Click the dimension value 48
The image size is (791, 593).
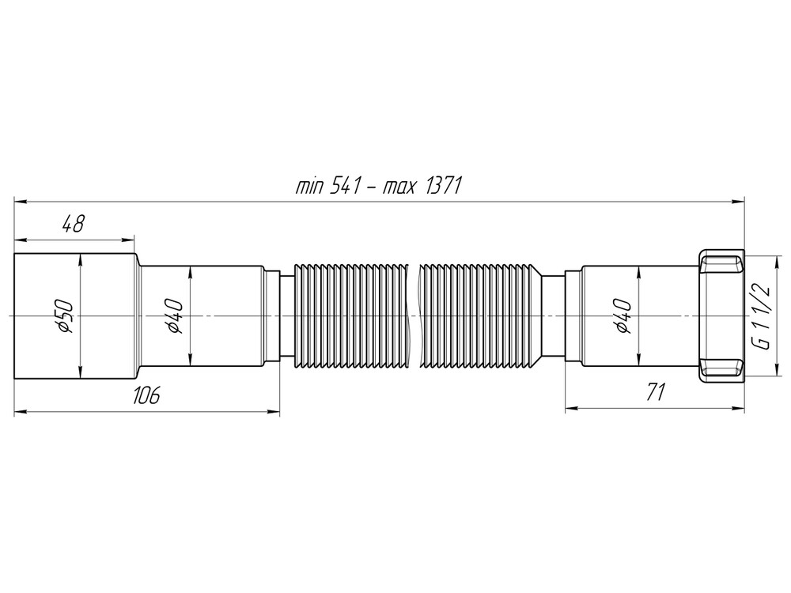click(73, 225)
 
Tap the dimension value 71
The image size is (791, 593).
click(654, 393)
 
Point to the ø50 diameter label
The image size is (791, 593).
click(65, 316)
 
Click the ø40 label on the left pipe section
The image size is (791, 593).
click(176, 316)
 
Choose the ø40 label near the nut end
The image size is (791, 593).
click(623, 316)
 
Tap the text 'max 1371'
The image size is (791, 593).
click(422, 187)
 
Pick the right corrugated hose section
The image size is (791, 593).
click(479, 316)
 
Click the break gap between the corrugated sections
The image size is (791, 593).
click(412, 316)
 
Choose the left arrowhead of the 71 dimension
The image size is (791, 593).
click(570, 409)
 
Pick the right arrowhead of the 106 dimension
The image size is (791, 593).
click(274, 411)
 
